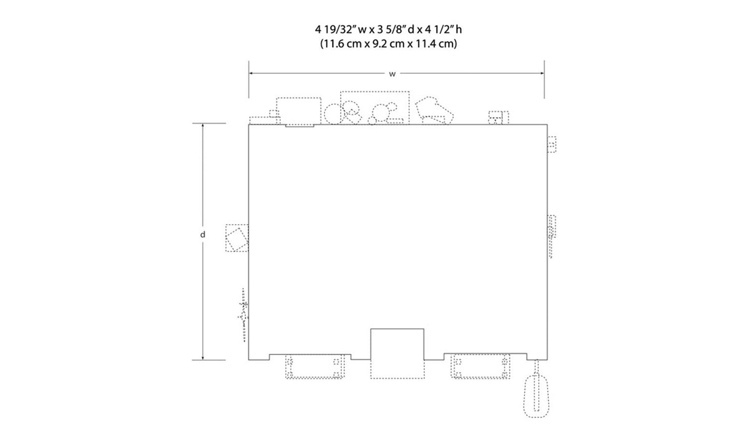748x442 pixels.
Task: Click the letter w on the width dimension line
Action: (392, 74)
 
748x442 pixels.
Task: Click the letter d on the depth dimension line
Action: (203, 234)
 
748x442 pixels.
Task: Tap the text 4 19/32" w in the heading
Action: (340, 30)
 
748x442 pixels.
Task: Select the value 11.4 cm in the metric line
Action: (435, 44)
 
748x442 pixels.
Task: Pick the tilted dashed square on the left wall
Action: (237, 238)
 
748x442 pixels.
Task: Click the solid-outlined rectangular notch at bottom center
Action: (397, 344)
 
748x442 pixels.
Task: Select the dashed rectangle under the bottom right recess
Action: (481, 367)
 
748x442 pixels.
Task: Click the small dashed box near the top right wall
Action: (552, 144)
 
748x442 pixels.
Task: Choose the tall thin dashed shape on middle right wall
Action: (552, 235)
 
